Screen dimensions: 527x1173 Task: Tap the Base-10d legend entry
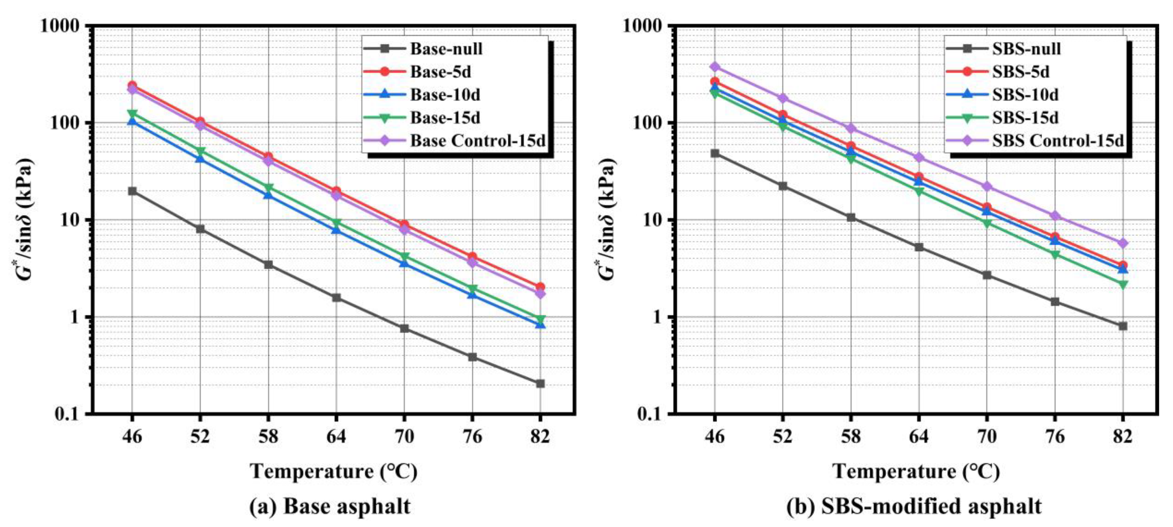click(x=445, y=95)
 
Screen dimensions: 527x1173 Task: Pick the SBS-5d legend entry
click(x=1020, y=72)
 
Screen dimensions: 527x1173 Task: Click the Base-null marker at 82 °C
click(x=540, y=384)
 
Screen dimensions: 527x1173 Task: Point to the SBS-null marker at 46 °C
click(x=715, y=154)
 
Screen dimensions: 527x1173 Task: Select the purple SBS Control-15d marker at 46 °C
click(x=715, y=67)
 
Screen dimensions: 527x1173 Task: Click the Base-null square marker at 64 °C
click(x=336, y=298)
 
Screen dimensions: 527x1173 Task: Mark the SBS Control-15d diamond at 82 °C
click(x=1123, y=243)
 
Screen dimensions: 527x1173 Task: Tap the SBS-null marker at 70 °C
click(x=987, y=275)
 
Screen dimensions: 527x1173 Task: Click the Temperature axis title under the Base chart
click(x=334, y=471)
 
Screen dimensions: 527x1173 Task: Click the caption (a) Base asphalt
click(x=330, y=506)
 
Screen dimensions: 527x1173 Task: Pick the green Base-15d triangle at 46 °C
click(x=132, y=114)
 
